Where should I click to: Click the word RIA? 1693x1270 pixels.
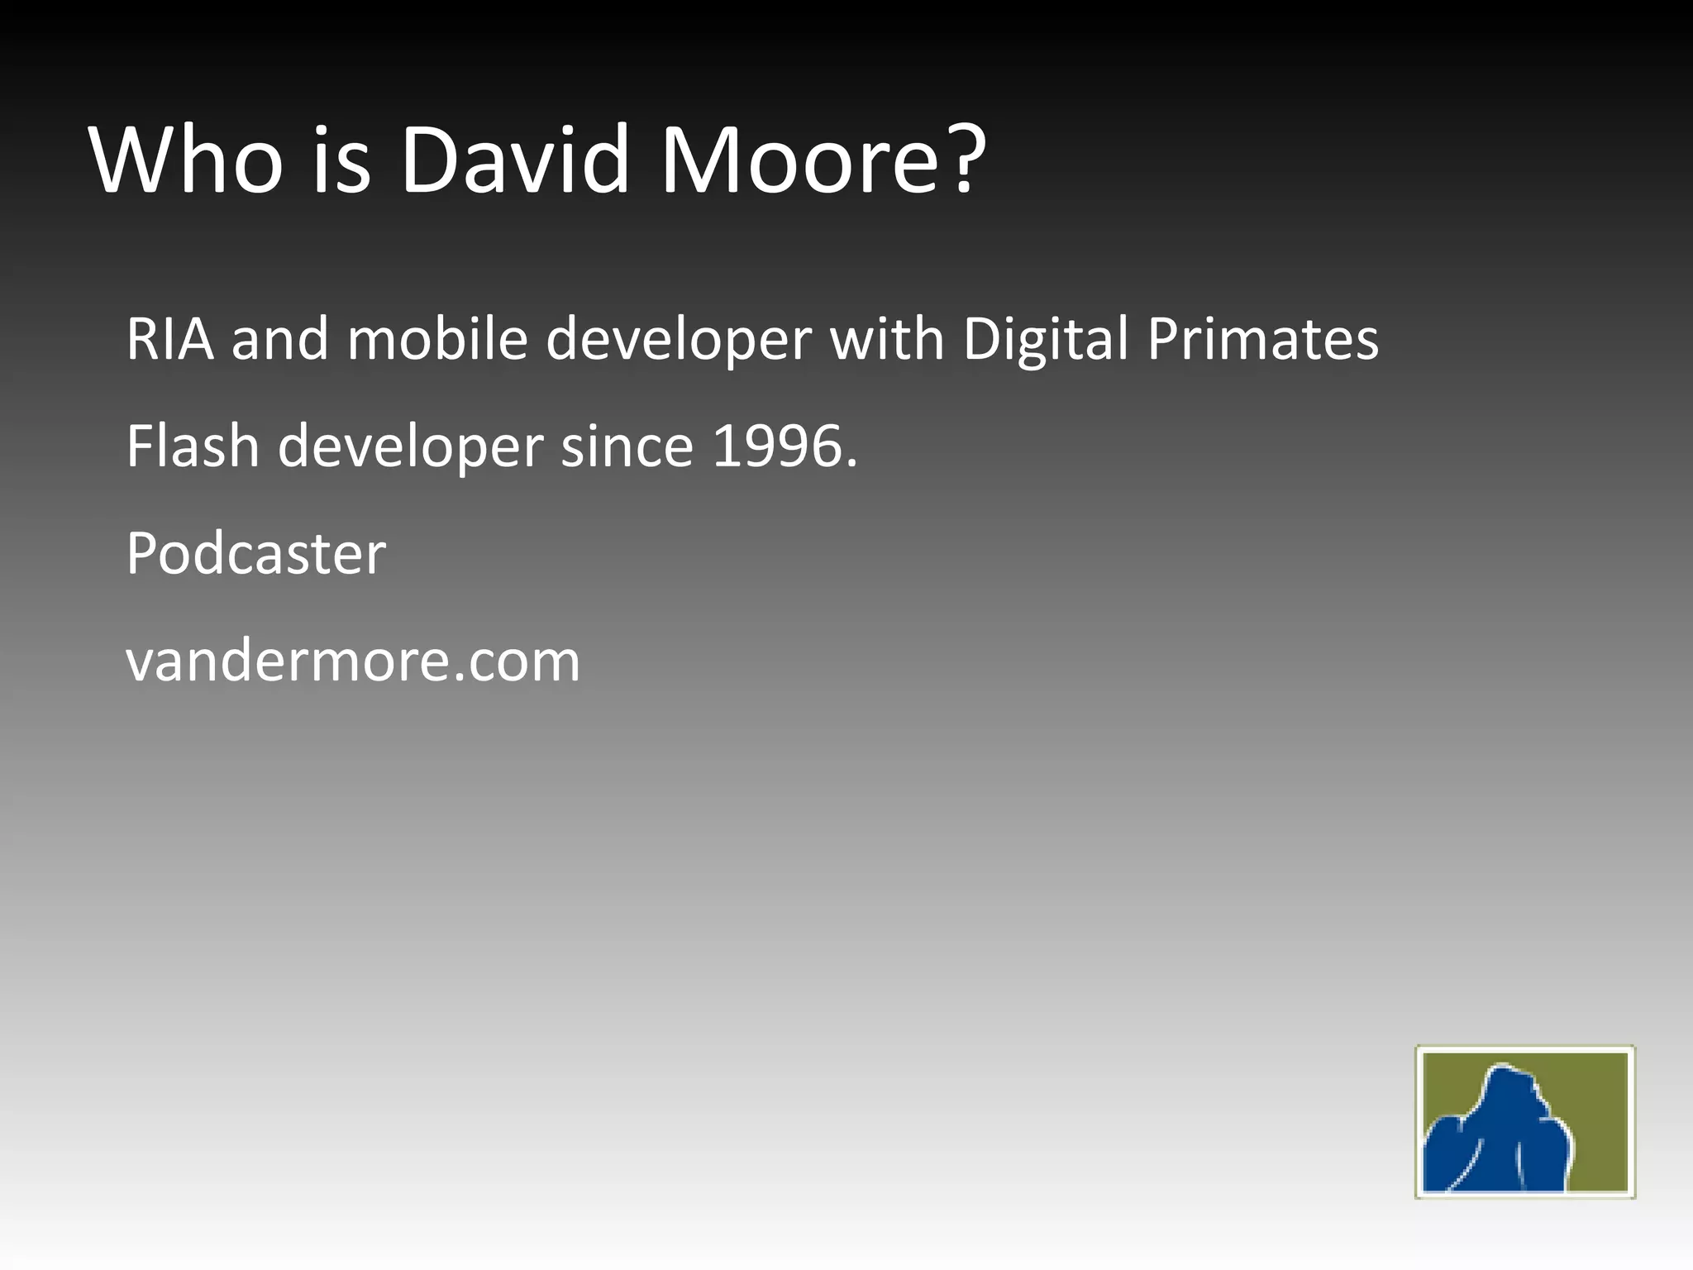[x=169, y=340]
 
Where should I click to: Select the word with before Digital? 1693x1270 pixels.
[x=887, y=340]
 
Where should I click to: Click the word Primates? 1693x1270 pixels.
[x=1263, y=340]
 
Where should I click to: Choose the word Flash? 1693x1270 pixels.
[x=193, y=446]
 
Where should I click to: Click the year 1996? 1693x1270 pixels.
[x=777, y=446]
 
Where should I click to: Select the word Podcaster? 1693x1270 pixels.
[x=256, y=553]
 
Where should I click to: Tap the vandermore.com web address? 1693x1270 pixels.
[x=353, y=661]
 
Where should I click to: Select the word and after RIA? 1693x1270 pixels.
[x=279, y=340]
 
